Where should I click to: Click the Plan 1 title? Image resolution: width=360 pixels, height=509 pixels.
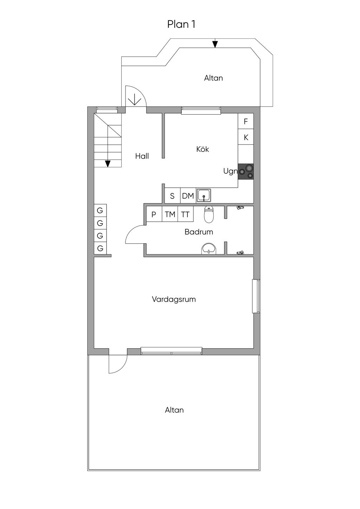pyautogui.click(x=181, y=24)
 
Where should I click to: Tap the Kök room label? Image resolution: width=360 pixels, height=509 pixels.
pyautogui.click(x=202, y=149)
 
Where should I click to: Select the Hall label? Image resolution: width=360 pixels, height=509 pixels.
pyautogui.click(x=142, y=156)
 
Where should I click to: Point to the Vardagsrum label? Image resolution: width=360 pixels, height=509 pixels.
pyautogui.click(x=174, y=299)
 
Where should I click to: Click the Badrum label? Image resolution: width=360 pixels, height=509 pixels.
pyautogui.click(x=199, y=232)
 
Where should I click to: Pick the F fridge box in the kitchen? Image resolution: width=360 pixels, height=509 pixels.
pyautogui.click(x=246, y=121)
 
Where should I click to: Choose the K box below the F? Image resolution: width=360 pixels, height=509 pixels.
pyautogui.click(x=246, y=137)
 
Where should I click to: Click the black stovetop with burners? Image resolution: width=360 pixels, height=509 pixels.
pyautogui.click(x=246, y=172)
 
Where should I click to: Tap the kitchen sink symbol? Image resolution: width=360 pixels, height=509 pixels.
pyautogui.click(x=204, y=195)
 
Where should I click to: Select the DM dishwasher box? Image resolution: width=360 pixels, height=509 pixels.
pyautogui.click(x=188, y=196)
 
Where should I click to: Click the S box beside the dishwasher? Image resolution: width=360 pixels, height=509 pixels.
pyautogui.click(x=172, y=196)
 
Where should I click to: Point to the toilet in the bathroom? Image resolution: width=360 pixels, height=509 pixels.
pyautogui.click(x=208, y=214)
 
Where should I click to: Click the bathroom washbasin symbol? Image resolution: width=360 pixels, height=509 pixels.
pyautogui.click(x=209, y=249)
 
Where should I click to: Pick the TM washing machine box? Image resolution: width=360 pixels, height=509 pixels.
pyautogui.click(x=170, y=214)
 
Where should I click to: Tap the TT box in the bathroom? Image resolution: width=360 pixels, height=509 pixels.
pyautogui.click(x=186, y=214)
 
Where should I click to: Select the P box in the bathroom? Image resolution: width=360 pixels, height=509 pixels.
pyautogui.click(x=154, y=214)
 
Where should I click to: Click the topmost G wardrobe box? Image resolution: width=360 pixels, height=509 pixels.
pyautogui.click(x=100, y=211)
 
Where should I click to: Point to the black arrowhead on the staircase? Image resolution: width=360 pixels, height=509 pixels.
pyautogui.click(x=108, y=163)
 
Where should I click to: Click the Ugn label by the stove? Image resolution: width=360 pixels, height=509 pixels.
pyautogui.click(x=230, y=171)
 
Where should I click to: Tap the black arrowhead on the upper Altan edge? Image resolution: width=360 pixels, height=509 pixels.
pyautogui.click(x=215, y=44)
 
